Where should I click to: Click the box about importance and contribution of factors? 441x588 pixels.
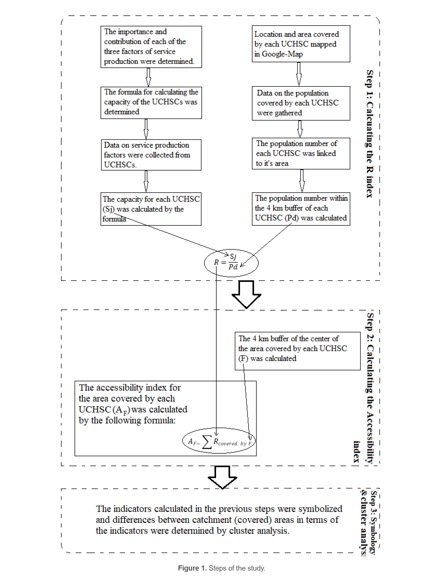point(151,47)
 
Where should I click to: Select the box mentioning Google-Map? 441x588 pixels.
point(301,44)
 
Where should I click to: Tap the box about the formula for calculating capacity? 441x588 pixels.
point(151,102)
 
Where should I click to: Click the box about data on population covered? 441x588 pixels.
point(301,103)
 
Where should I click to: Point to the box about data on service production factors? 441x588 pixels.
point(151,155)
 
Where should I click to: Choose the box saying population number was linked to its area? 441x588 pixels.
point(301,153)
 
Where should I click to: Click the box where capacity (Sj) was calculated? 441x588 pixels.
point(151,209)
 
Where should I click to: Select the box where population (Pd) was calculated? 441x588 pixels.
point(301,209)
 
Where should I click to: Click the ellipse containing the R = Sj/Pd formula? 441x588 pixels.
point(231,263)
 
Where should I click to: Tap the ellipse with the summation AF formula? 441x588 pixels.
point(219,440)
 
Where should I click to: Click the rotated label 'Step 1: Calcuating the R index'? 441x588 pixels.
point(370,134)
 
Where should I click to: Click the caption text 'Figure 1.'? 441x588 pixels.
point(192,568)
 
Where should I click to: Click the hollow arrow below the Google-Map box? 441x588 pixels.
point(299,74)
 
